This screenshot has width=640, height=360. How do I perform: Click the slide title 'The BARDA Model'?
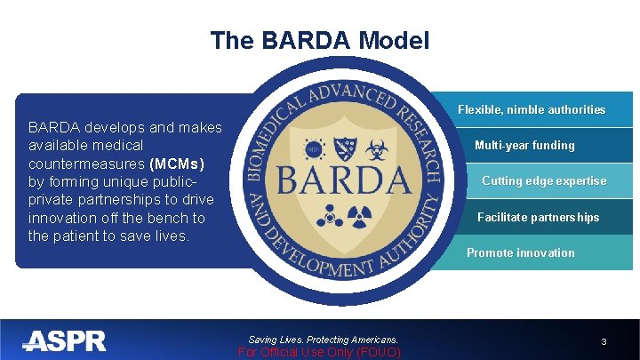[x=320, y=40]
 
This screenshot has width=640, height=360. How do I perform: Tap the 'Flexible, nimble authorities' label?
[x=531, y=110]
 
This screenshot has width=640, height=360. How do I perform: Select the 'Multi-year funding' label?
[x=524, y=146]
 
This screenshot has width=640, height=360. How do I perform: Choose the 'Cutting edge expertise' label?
[x=544, y=181]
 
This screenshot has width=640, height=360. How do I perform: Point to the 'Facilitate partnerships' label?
[x=538, y=218]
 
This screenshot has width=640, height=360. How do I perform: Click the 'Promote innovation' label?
[x=520, y=253]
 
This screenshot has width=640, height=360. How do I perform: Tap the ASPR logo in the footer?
[x=64, y=340]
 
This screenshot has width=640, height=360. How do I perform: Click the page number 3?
[x=604, y=342]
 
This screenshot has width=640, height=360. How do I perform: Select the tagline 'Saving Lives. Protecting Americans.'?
[x=323, y=340]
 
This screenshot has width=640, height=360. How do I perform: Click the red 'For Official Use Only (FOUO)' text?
[x=320, y=353]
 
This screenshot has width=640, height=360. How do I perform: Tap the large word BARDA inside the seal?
[x=344, y=180]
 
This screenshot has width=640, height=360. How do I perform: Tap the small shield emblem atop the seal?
[x=347, y=142]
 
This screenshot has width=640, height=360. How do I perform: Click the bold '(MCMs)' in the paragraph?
[x=178, y=164]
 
